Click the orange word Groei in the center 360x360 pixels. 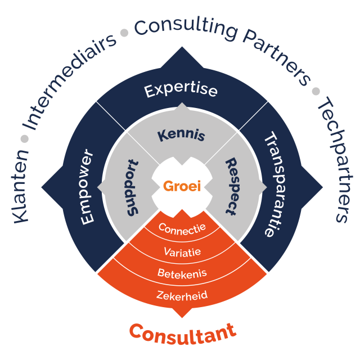(x=182, y=186)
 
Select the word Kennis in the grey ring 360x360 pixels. (x=181, y=135)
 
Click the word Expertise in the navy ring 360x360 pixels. (x=181, y=91)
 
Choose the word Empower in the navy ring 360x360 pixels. (x=87, y=188)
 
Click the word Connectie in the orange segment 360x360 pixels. (x=182, y=228)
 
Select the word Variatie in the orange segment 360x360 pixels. (x=182, y=251)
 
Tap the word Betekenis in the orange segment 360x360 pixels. (x=182, y=274)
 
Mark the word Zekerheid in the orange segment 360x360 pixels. (x=182, y=295)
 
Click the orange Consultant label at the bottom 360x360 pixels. (x=182, y=332)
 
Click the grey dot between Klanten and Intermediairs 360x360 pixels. (x=24, y=138)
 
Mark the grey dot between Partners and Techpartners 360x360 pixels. (x=316, y=91)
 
